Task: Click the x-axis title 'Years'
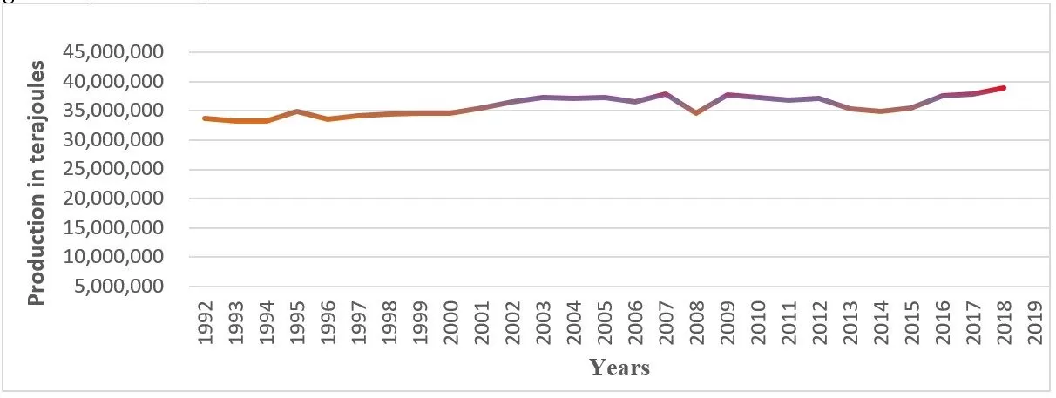coord(619,368)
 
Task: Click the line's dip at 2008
coord(696,113)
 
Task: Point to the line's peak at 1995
coord(298,111)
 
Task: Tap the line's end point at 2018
coord(1004,88)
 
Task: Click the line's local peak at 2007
coord(666,93)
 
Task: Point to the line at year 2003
coord(543,97)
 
